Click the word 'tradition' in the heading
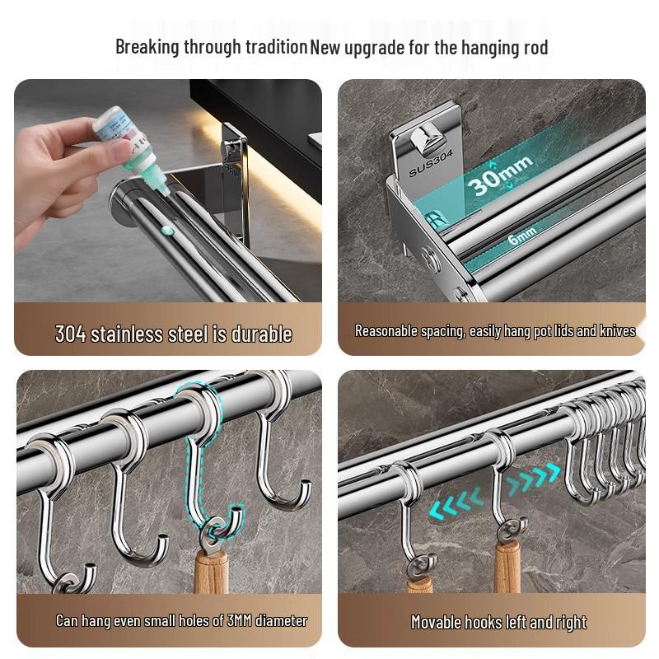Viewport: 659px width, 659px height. tap(271, 47)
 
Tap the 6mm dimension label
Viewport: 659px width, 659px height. tap(521, 236)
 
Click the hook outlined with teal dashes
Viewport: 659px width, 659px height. tap(207, 461)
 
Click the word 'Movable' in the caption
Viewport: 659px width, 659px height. tap(436, 622)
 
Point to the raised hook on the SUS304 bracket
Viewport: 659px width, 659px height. tap(430, 139)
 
